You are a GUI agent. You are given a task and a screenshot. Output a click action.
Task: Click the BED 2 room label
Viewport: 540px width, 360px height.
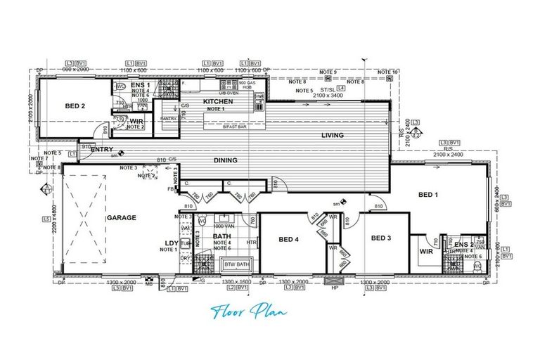75,106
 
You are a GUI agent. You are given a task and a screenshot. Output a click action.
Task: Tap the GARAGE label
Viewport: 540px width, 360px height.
121,218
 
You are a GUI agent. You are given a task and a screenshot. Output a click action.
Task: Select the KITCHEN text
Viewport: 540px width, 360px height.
217,102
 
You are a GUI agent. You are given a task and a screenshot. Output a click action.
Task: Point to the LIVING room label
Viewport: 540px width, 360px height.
333,135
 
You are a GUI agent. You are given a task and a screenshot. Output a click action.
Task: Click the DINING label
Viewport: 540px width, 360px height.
226,160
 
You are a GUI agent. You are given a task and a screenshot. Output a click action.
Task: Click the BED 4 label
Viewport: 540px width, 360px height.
289,240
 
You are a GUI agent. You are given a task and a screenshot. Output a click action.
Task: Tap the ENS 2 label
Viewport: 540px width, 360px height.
463,245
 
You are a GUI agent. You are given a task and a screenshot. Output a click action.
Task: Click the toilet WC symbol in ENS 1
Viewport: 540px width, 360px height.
120,86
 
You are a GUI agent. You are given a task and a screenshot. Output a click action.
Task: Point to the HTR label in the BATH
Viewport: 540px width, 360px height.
251,243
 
